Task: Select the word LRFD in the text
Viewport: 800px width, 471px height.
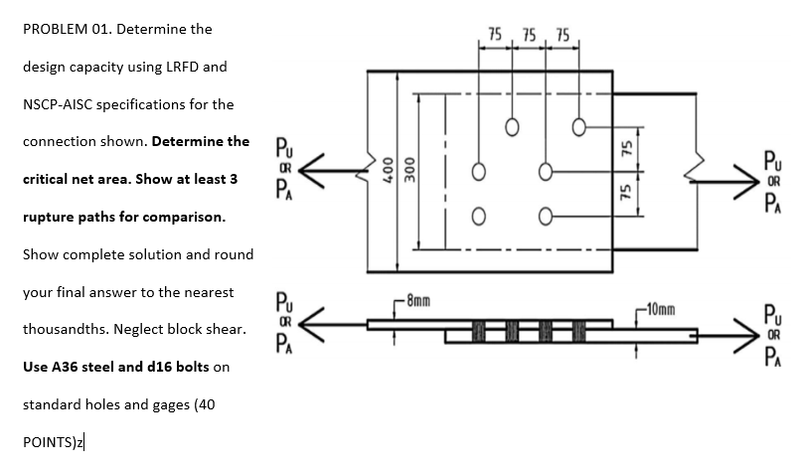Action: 180,67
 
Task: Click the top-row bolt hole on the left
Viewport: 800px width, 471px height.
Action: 512,126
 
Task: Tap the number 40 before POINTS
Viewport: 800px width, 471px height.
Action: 203,404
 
